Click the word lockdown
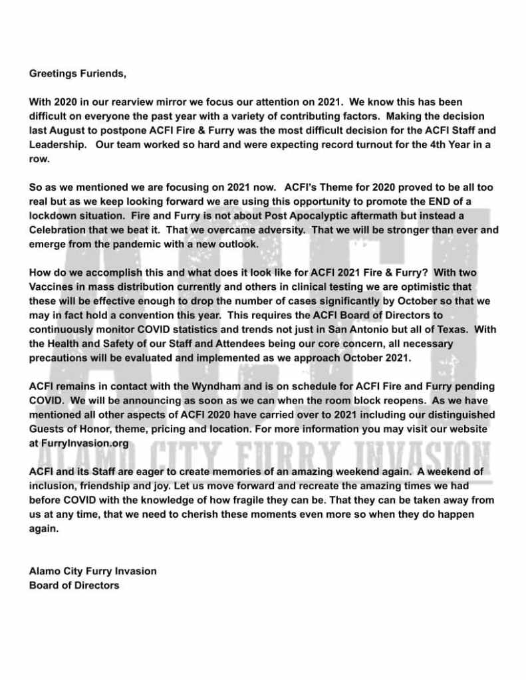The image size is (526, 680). tap(55, 217)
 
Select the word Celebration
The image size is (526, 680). tap(59, 231)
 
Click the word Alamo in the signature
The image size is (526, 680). tap(43, 571)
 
